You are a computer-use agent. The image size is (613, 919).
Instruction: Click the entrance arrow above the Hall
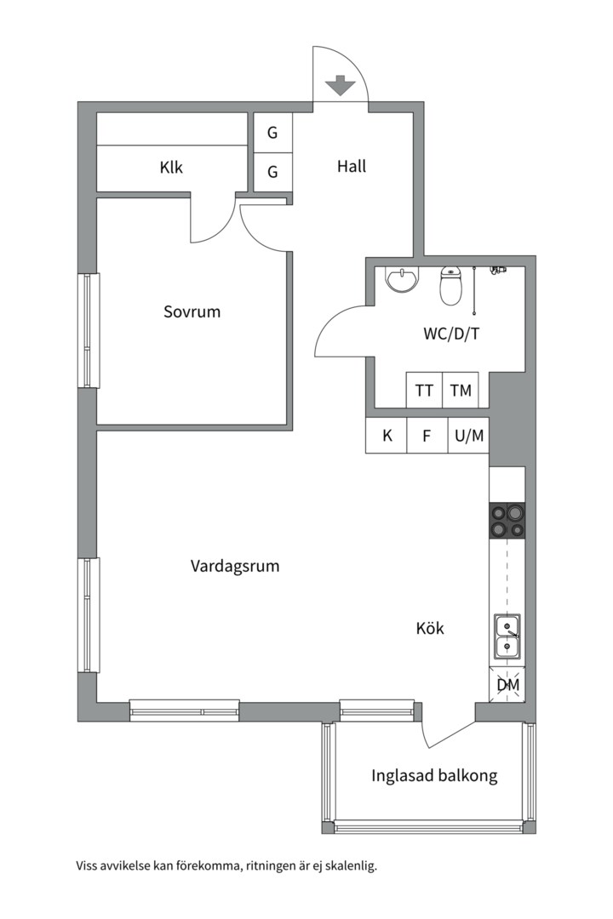coord(341,85)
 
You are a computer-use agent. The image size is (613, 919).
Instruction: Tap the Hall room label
coord(352,167)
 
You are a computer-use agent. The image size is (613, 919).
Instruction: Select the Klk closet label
coord(171,168)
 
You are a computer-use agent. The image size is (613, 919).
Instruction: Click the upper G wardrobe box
coord(272,133)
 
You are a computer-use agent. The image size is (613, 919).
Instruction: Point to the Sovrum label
coord(192,312)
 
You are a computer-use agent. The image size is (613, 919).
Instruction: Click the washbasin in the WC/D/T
coord(402,280)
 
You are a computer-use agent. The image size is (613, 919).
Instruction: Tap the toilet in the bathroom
coord(450,287)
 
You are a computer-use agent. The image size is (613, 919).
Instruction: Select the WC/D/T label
coord(451,334)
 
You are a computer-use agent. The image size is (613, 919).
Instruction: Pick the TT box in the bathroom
coord(424,391)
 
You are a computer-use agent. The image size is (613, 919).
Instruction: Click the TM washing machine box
coord(461,391)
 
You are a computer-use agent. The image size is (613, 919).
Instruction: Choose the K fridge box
coord(387,437)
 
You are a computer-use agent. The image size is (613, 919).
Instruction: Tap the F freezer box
coord(427,437)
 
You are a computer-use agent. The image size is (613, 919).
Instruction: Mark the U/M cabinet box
coord(469,437)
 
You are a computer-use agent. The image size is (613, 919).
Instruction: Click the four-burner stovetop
coord(507,521)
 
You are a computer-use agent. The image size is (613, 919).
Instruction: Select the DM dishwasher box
coord(508,684)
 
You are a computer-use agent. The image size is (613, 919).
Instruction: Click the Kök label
coord(430,630)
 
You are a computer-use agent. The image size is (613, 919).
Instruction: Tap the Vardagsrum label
coord(235,566)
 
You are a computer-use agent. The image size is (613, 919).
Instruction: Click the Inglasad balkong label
coord(434,776)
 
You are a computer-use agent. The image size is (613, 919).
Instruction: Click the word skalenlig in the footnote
coord(348,867)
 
